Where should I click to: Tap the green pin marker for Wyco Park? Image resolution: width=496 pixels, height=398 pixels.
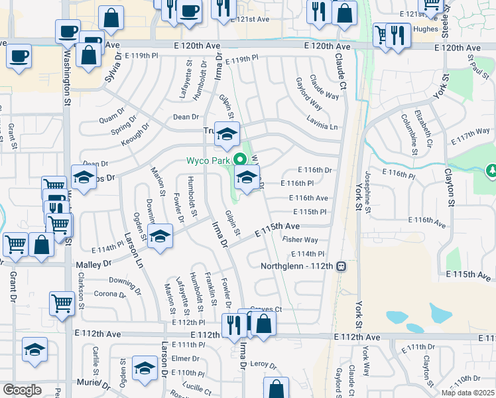coord(241,160)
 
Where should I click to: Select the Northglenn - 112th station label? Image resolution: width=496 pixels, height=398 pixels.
coord(297,266)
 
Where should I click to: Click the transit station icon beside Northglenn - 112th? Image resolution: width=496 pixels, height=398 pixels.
coord(341,266)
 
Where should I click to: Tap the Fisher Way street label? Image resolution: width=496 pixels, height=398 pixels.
coord(300,239)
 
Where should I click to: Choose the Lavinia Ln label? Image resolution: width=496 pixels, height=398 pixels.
coord(322,126)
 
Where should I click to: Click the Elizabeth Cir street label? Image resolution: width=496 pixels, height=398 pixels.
coord(423,127)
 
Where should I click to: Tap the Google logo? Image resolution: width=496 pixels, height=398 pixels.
coord(23,390)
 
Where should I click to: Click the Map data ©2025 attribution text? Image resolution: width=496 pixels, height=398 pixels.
coord(468,393)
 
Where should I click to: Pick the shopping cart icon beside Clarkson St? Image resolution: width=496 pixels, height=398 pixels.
coord(62,303)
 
